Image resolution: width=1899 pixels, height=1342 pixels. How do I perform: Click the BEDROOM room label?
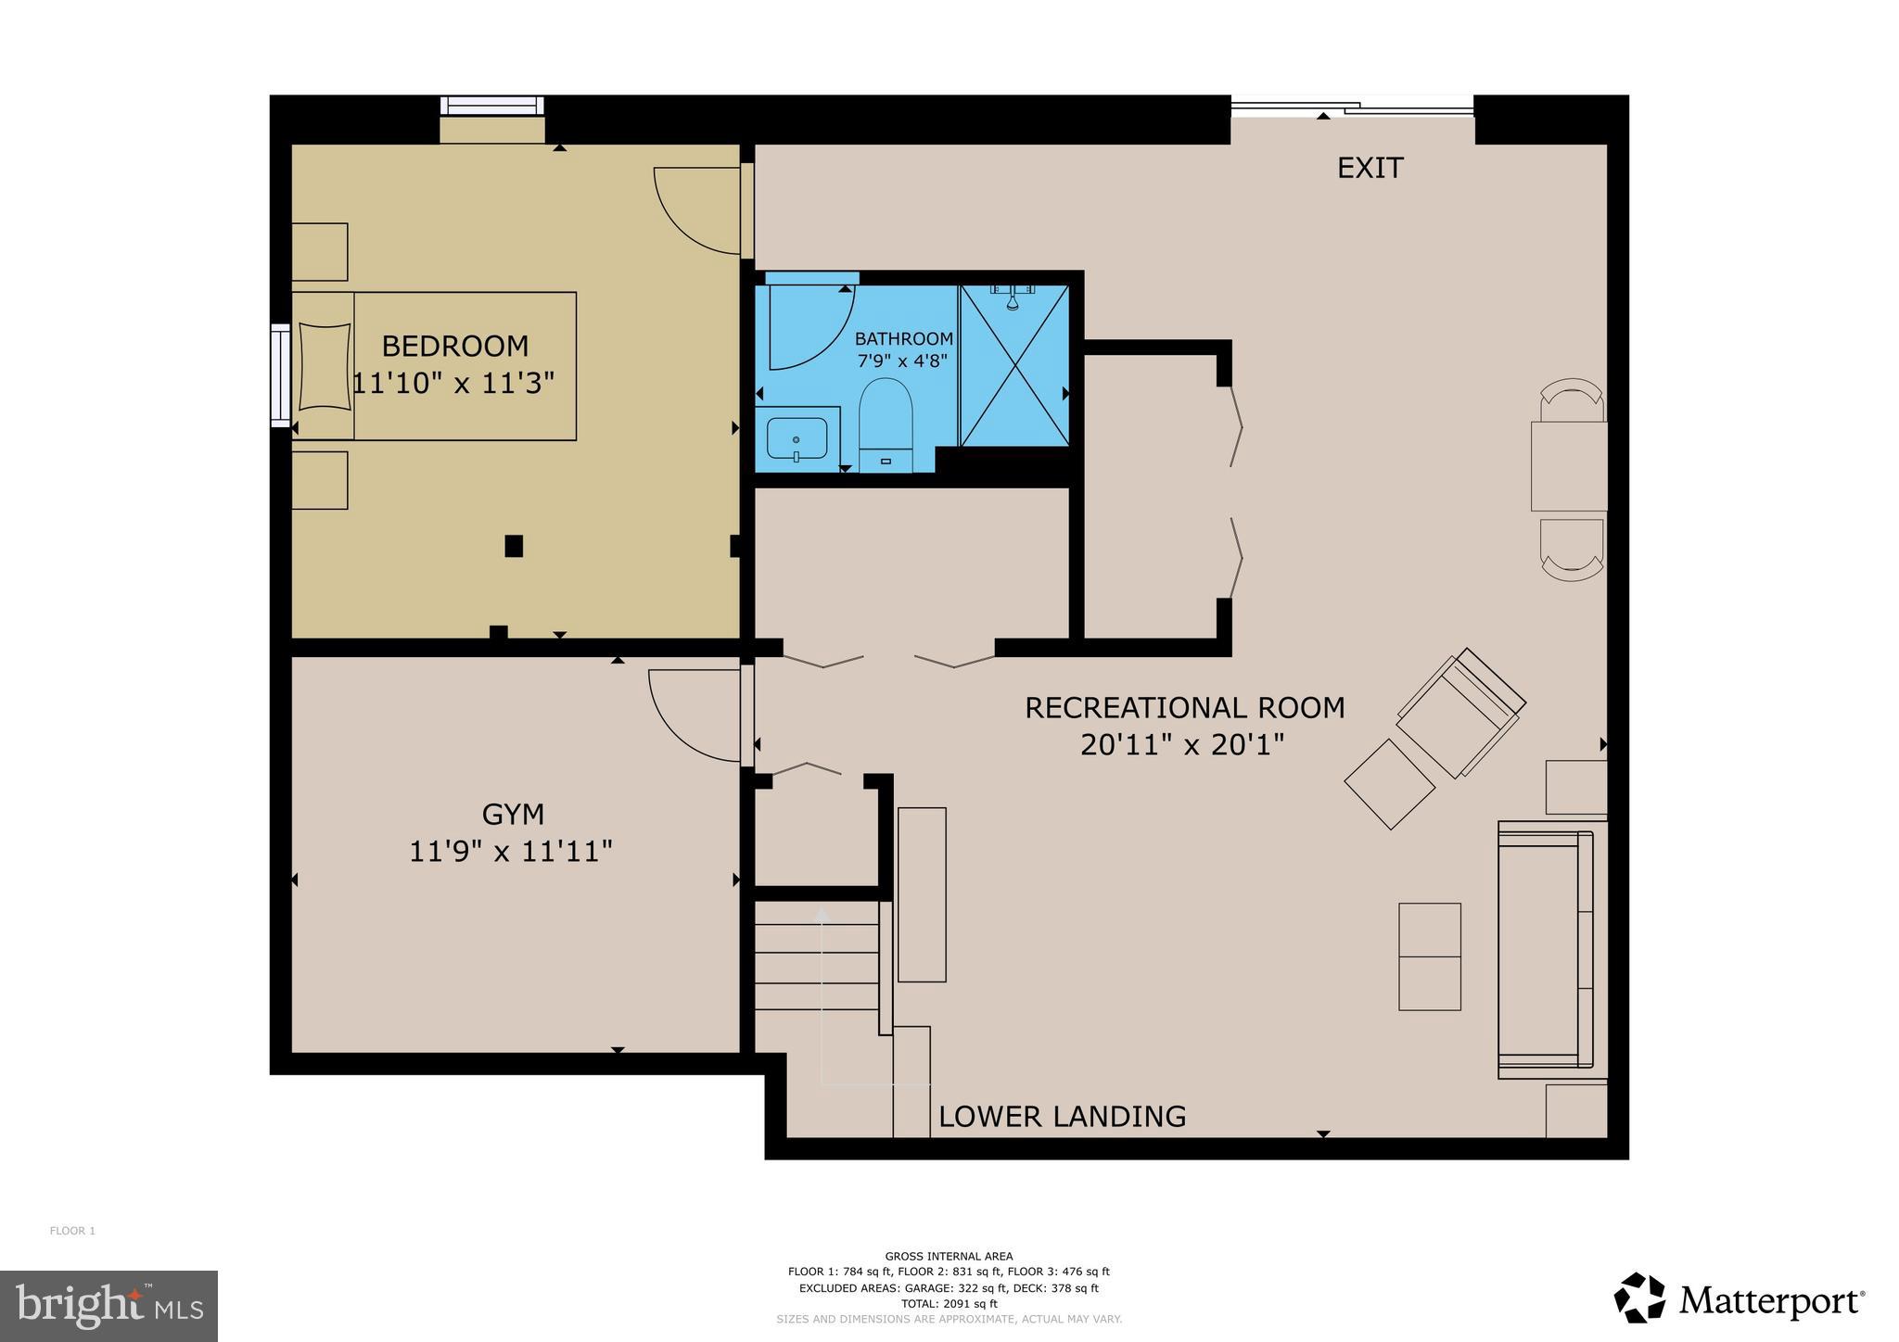coord(454,346)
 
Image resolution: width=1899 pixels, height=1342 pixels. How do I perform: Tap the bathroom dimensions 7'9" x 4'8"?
coord(903,361)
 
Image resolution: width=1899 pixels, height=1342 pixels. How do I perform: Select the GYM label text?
coord(513,815)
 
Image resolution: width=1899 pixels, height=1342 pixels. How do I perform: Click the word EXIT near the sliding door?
coord(1370,168)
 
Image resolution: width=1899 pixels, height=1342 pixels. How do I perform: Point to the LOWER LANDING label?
coord(1062,1116)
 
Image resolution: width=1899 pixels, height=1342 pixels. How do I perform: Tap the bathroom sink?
coord(797,438)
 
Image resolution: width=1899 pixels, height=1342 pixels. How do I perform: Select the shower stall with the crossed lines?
coord(1014,365)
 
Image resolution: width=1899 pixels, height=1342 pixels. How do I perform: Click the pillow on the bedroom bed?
coord(324,365)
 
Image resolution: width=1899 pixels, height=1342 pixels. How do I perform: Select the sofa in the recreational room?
coord(1545,950)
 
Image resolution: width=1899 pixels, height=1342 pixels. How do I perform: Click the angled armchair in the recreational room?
coord(1460,712)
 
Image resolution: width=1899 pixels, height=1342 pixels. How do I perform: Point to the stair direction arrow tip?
coord(822,913)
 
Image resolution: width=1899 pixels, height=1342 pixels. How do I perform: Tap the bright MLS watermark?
coord(108,1306)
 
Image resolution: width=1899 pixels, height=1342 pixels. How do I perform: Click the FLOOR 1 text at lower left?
coord(72,1231)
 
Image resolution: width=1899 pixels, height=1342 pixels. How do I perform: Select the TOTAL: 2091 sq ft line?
coord(949,1303)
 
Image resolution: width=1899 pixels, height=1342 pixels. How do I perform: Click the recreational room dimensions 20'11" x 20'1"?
coord(1182,744)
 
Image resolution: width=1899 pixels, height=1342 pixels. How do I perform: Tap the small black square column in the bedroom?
coord(514,546)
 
